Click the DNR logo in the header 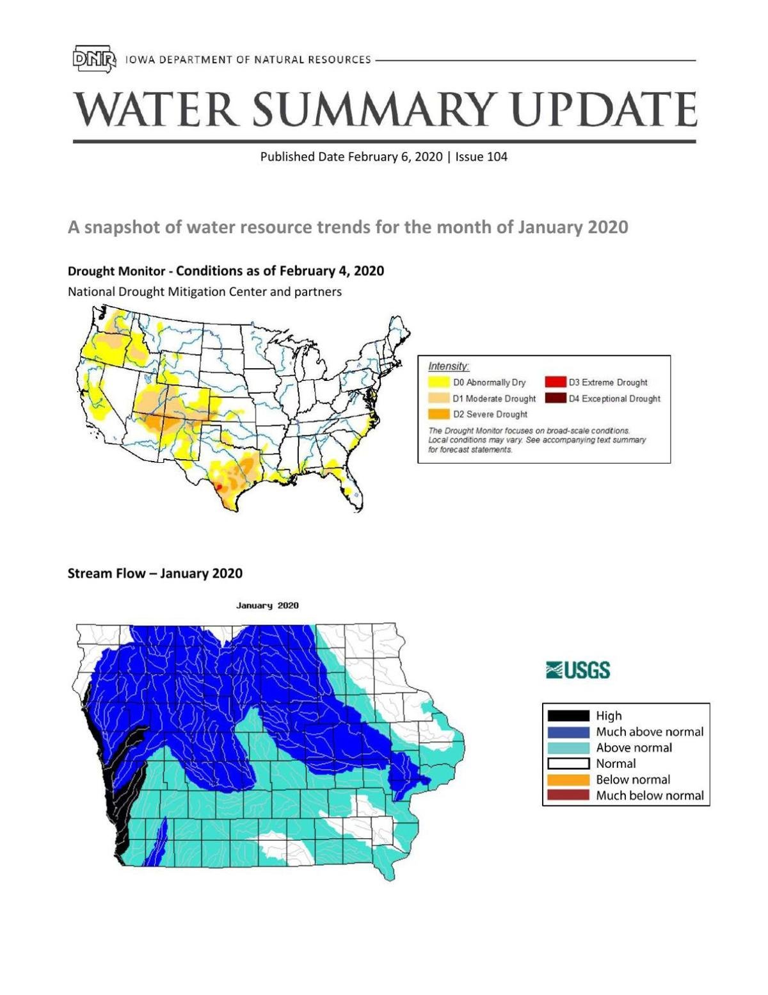click(x=94, y=59)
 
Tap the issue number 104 click(x=497, y=157)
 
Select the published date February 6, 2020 click(x=395, y=157)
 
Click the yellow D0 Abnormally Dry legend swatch click(x=438, y=382)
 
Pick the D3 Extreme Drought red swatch click(x=555, y=382)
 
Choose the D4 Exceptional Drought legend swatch click(x=555, y=398)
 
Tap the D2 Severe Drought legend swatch click(x=438, y=414)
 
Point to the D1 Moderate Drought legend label click(x=494, y=398)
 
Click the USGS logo click(x=578, y=670)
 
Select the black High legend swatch click(x=567, y=716)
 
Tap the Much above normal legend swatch click(x=567, y=732)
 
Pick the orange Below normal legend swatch click(x=567, y=780)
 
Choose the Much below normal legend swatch click(x=567, y=795)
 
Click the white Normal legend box click(x=567, y=763)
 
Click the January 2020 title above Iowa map click(x=267, y=606)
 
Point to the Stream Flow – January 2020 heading click(x=155, y=573)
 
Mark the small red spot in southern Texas click(x=219, y=487)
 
